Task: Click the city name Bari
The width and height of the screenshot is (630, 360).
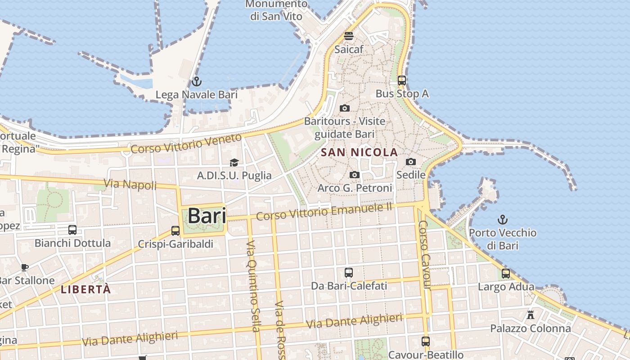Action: tap(207, 216)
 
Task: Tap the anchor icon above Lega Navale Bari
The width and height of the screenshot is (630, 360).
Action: tap(196, 81)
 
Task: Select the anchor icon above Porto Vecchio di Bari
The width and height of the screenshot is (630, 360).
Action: tap(502, 220)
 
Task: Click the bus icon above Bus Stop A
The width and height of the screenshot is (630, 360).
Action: tap(402, 81)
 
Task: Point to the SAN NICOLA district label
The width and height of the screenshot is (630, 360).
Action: tap(359, 152)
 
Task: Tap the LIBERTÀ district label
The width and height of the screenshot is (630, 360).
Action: tap(85, 289)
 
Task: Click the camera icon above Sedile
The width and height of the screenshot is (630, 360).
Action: tap(411, 162)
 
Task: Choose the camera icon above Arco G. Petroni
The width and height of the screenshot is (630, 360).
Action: tap(355, 175)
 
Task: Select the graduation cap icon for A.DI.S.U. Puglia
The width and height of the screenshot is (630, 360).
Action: tap(234, 162)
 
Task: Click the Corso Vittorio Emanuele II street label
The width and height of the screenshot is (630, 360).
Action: tap(324, 211)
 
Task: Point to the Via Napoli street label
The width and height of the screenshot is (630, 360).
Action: tap(130, 184)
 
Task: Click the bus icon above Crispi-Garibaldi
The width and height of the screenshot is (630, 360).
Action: tap(175, 231)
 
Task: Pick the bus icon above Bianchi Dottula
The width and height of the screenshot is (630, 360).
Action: tap(72, 230)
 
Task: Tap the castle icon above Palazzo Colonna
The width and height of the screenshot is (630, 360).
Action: tap(531, 315)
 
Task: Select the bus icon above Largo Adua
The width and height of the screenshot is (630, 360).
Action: tap(506, 273)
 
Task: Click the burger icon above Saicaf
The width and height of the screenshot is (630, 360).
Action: tap(349, 36)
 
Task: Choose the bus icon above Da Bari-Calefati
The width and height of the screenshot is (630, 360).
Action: tap(349, 272)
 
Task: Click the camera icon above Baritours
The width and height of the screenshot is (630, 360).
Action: tap(345, 108)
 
